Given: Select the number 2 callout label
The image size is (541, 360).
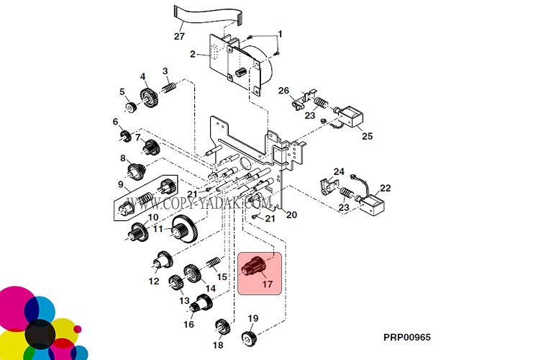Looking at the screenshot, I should (193, 54).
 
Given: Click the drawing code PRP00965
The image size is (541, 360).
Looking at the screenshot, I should (406, 337).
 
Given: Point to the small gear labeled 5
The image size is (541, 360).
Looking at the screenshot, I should (131, 108).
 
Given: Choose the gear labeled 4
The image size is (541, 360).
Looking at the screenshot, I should (149, 96).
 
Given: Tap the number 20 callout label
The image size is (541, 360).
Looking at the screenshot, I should (291, 215).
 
